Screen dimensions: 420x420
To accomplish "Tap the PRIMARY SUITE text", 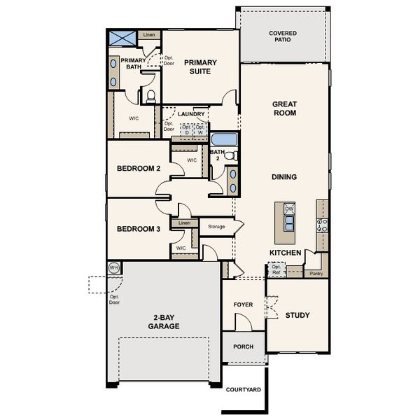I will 200,66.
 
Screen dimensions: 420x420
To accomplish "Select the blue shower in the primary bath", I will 121,38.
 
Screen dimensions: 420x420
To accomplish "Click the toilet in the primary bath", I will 151,95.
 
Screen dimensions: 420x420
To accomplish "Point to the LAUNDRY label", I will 191,114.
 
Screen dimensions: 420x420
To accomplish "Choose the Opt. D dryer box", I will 187,129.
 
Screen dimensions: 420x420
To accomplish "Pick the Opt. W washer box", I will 200,129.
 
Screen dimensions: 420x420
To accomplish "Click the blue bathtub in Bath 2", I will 225,138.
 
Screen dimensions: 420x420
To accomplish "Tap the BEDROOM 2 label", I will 139,169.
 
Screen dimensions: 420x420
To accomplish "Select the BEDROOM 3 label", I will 139,229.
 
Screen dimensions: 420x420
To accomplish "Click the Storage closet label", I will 216,227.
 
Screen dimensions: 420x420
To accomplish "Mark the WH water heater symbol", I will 114,267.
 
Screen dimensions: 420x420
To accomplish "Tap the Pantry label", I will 316,274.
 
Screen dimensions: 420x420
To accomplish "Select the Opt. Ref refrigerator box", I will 276,269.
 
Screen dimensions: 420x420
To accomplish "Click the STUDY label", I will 297,315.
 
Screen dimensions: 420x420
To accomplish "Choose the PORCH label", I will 243,347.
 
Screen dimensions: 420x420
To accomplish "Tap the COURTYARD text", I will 243,389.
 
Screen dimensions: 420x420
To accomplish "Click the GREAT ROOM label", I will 284,108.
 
